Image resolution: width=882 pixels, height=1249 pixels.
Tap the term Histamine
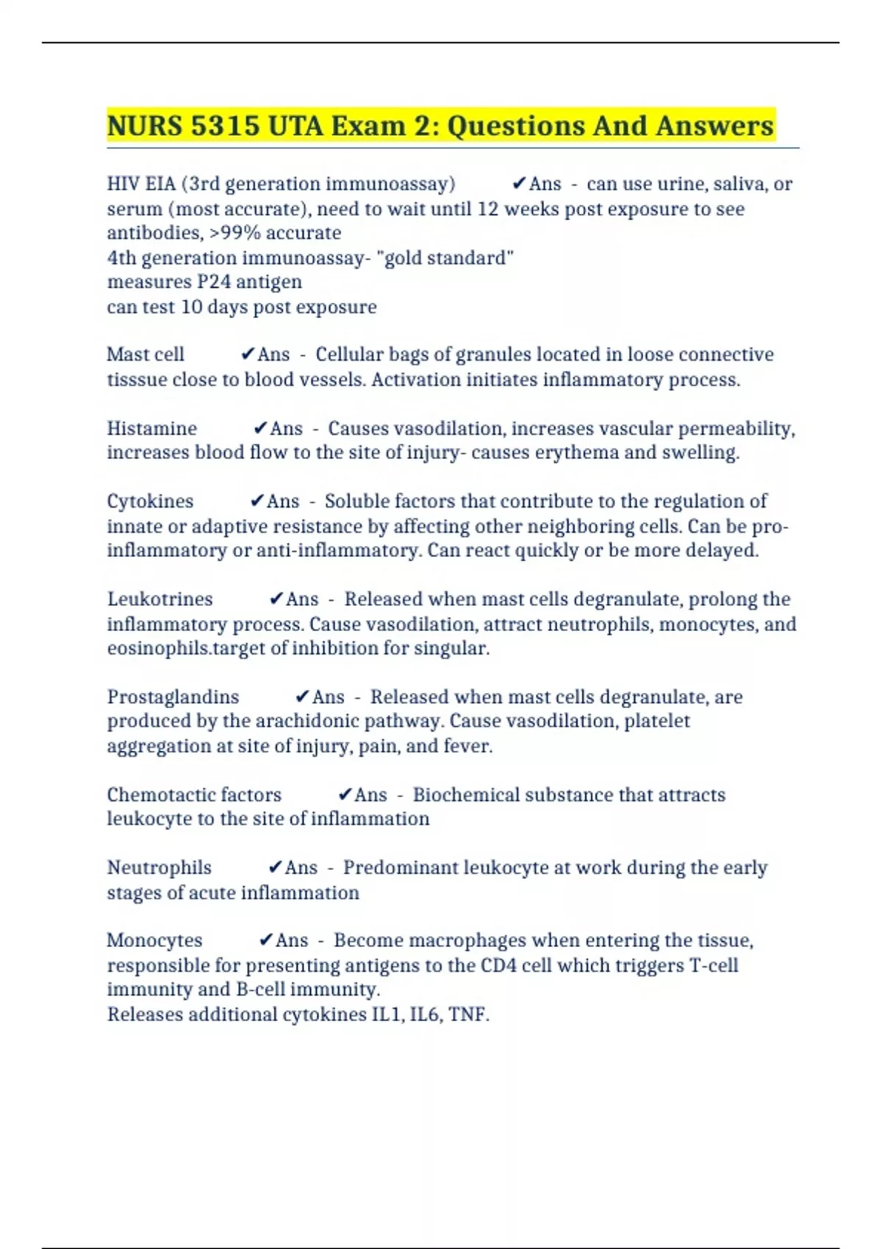151,428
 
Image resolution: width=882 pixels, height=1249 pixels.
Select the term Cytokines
150,501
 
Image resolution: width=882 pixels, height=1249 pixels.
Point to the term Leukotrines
159,599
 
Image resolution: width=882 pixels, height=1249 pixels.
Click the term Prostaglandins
173,697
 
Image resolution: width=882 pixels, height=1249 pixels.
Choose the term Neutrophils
159,868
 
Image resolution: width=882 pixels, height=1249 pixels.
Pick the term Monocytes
154,940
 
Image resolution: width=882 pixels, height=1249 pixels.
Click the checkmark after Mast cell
248,355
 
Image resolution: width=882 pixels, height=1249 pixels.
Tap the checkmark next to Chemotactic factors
345,795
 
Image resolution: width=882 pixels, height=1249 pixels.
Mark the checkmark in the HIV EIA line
519,184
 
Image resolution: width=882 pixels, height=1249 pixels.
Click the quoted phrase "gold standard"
445,258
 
